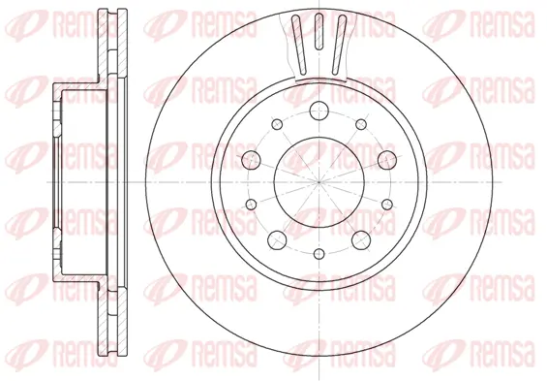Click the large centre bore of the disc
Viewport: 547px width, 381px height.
pyautogui.click(x=319, y=182)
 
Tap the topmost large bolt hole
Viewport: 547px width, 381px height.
pyautogui.click(x=319, y=111)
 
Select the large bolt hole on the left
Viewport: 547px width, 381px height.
pyautogui.click(x=251, y=160)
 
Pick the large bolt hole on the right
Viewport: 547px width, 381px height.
pyautogui.click(x=387, y=160)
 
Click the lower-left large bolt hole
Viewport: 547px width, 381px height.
pyautogui.click(x=277, y=240)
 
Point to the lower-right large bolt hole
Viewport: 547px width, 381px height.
pyautogui.click(x=361, y=240)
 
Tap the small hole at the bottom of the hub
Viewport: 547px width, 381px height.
pyautogui.click(x=319, y=254)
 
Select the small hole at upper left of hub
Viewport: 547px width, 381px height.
pyautogui.click(x=277, y=124)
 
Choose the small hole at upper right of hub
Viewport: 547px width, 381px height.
pyautogui.click(x=361, y=124)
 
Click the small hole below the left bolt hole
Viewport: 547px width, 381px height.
pyautogui.click(x=251, y=205)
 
